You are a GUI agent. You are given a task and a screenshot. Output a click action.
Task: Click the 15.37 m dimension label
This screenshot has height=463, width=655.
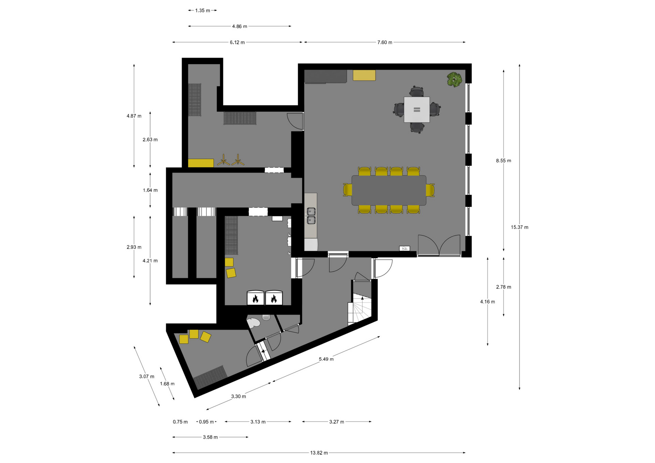click(x=519, y=227)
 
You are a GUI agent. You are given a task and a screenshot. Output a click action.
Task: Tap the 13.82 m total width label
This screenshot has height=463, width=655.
click(x=319, y=453)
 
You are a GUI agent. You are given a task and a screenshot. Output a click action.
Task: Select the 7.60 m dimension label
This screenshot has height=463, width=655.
click(x=384, y=42)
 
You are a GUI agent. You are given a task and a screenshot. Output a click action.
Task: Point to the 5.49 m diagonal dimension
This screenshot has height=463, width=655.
click(x=326, y=359)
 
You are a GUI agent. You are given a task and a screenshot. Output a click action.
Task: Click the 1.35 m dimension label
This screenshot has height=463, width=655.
click(x=202, y=11)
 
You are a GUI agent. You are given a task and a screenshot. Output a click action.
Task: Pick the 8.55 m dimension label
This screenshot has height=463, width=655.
click(x=504, y=161)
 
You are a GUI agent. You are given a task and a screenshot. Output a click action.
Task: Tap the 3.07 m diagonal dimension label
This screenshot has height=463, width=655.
click(x=146, y=376)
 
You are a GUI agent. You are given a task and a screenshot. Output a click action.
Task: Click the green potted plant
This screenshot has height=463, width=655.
click(x=454, y=79)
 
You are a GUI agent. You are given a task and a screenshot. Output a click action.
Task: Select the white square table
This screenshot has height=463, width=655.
click(x=417, y=109)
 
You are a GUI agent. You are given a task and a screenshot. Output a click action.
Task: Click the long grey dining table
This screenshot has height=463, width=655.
click(x=389, y=190)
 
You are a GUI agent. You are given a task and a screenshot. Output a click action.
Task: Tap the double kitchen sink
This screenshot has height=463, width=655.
click(x=311, y=216)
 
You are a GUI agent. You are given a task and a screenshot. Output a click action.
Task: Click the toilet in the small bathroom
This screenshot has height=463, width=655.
click(x=253, y=323)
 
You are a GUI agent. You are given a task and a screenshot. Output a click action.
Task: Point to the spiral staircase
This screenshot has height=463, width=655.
click(x=360, y=309)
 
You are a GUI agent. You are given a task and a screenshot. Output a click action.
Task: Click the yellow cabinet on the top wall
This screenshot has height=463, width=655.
click(x=364, y=75)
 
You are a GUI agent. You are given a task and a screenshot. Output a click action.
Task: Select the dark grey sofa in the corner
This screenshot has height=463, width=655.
click(x=325, y=76)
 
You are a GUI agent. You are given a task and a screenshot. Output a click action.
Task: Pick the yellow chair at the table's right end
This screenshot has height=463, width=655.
click(x=430, y=190)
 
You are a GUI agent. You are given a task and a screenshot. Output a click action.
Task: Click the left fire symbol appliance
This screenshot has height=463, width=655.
click(x=256, y=298)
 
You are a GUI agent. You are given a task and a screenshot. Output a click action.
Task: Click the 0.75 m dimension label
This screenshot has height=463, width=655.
click(x=180, y=422)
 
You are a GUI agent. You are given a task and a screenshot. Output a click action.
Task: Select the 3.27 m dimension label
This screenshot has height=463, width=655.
click(x=336, y=422)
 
